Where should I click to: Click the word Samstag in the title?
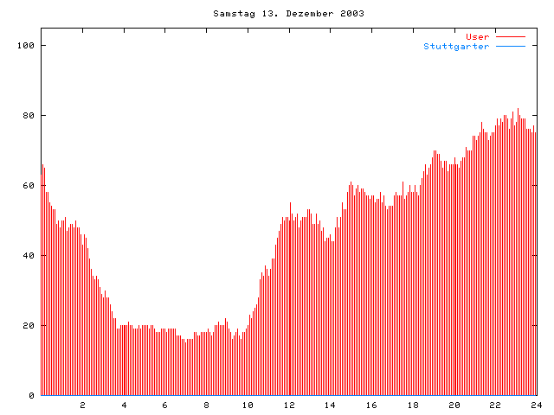[x=229, y=14]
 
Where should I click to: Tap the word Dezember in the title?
[x=310, y=14]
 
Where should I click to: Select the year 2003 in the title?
[x=351, y=14]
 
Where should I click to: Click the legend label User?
[x=478, y=36]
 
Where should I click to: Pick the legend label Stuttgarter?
[x=456, y=46]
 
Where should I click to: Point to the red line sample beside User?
[x=511, y=36]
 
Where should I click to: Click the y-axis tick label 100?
[x=26, y=45]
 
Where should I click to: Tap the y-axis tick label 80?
[x=29, y=115]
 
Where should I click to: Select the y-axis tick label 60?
[x=29, y=185]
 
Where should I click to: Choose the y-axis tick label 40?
[x=29, y=255]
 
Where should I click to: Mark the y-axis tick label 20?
[x=29, y=325]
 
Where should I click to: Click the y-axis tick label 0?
[x=31, y=395]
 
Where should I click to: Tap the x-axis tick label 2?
[x=83, y=405]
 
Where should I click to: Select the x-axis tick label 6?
[x=165, y=405]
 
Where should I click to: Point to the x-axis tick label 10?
[x=248, y=405]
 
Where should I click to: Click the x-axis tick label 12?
[x=289, y=405]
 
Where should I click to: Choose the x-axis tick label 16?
[x=371, y=405]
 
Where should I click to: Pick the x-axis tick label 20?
[x=454, y=405]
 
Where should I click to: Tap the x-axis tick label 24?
[x=536, y=405]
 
